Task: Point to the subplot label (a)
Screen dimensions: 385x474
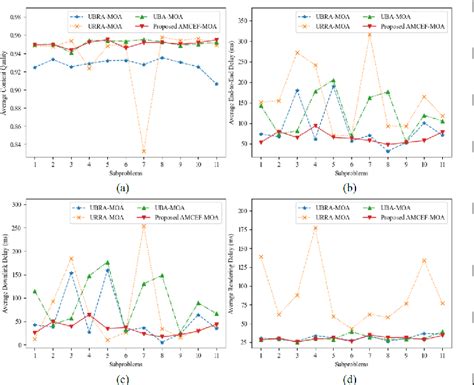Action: pyautogui.click(x=123, y=187)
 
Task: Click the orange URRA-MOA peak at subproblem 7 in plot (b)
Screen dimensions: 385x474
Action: pyautogui.click(x=370, y=35)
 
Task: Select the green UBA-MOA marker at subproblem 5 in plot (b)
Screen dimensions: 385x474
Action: pyautogui.click(x=334, y=80)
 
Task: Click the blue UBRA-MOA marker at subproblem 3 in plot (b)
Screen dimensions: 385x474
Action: pyautogui.click(x=298, y=91)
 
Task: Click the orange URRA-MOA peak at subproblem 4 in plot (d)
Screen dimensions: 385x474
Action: pyautogui.click(x=316, y=227)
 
